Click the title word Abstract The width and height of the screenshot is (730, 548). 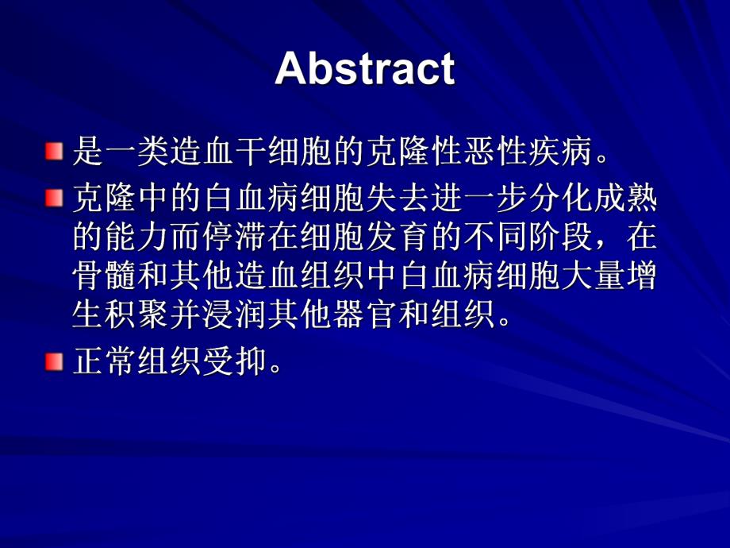click(x=365, y=69)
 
